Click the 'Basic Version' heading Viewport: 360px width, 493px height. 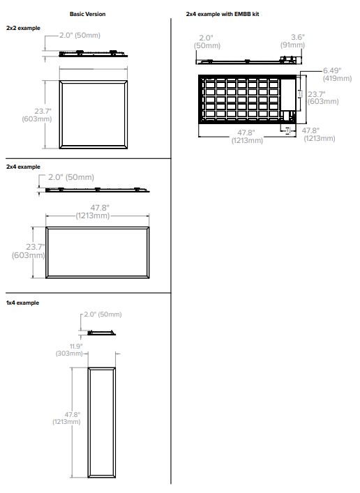87,14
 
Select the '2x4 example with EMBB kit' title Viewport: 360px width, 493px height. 223,14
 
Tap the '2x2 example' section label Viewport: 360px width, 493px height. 23,28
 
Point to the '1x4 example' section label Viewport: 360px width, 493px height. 22,303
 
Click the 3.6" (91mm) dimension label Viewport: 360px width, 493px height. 293,41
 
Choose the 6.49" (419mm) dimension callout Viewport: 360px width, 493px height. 337,75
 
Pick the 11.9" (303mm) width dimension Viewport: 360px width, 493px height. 69,350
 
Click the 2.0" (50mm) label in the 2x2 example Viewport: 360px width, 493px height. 80,35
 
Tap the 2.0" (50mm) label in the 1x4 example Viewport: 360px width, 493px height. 103,314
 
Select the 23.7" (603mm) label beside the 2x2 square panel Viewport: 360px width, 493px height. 37,115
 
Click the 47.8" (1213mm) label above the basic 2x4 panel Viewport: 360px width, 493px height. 93,212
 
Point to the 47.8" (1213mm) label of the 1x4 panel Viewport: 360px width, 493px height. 66,418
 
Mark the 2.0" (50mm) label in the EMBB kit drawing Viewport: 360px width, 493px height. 207,42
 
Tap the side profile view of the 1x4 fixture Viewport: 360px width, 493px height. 101,333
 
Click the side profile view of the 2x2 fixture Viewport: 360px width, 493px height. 93,54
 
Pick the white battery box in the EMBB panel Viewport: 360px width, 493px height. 288,95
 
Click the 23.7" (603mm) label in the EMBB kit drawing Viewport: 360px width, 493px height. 323,98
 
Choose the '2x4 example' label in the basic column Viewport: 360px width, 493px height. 23,167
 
